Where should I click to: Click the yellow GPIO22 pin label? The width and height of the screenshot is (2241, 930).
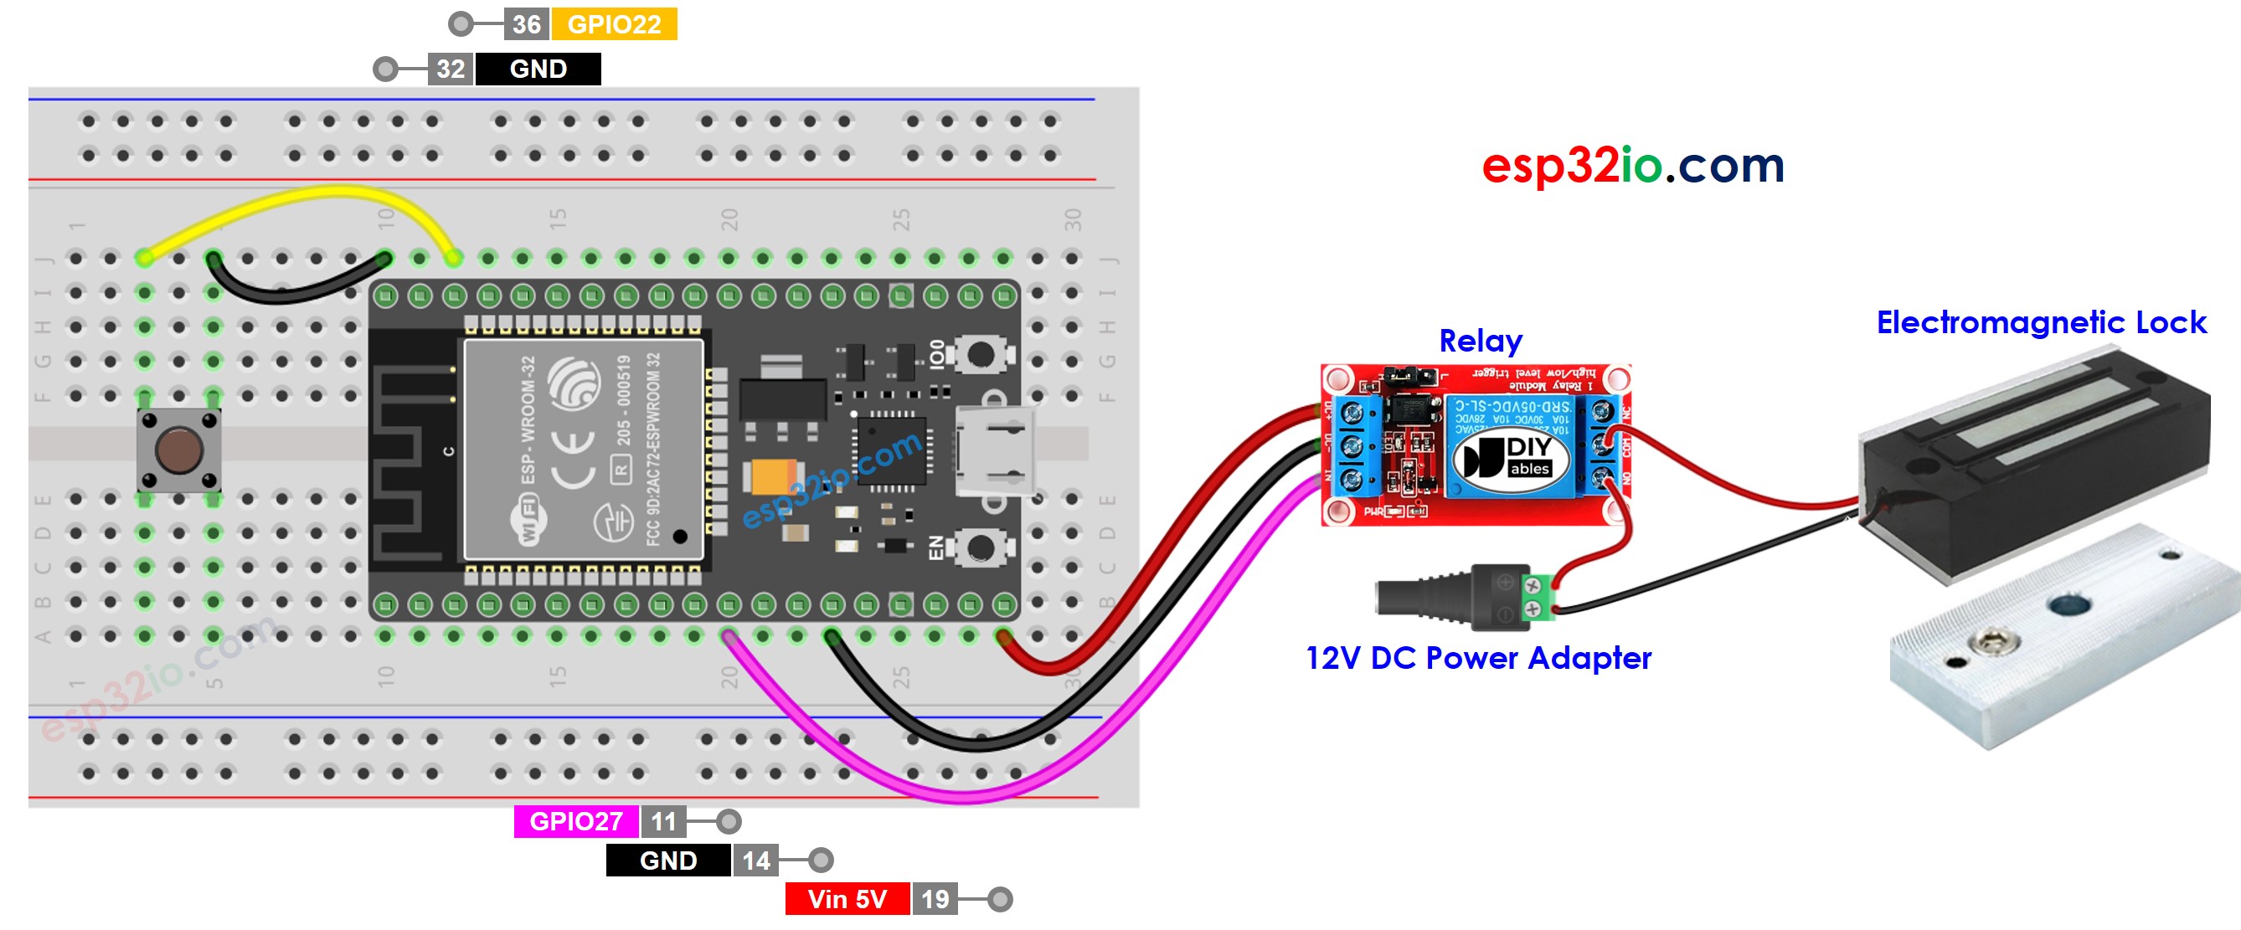click(614, 24)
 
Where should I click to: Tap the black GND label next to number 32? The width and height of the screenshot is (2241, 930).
click(538, 69)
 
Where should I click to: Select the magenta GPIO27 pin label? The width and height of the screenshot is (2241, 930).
click(575, 821)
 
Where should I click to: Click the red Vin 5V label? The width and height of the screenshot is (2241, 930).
click(847, 899)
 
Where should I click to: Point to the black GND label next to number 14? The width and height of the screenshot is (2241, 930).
click(667, 861)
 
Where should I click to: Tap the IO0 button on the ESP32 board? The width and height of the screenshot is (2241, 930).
click(980, 355)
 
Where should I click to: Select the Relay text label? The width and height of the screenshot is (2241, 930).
click(1480, 341)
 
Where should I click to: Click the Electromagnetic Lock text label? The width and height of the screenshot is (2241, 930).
click(2040, 323)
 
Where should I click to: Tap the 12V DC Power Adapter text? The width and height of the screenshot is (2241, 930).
click(1478, 659)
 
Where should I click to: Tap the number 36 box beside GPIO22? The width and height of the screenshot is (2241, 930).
click(526, 24)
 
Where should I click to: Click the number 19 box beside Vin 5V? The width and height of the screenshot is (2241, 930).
click(935, 899)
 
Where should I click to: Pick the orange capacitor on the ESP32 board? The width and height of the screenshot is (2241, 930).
click(769, 477)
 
